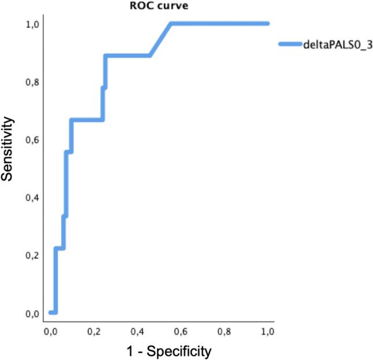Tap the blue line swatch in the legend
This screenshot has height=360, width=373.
point(289,44)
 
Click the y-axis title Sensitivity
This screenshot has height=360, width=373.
point(9,148)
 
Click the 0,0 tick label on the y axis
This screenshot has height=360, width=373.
point(32,313)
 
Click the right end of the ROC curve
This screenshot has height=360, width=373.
point(268,24)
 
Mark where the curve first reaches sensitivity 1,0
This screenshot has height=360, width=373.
point(171,24)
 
